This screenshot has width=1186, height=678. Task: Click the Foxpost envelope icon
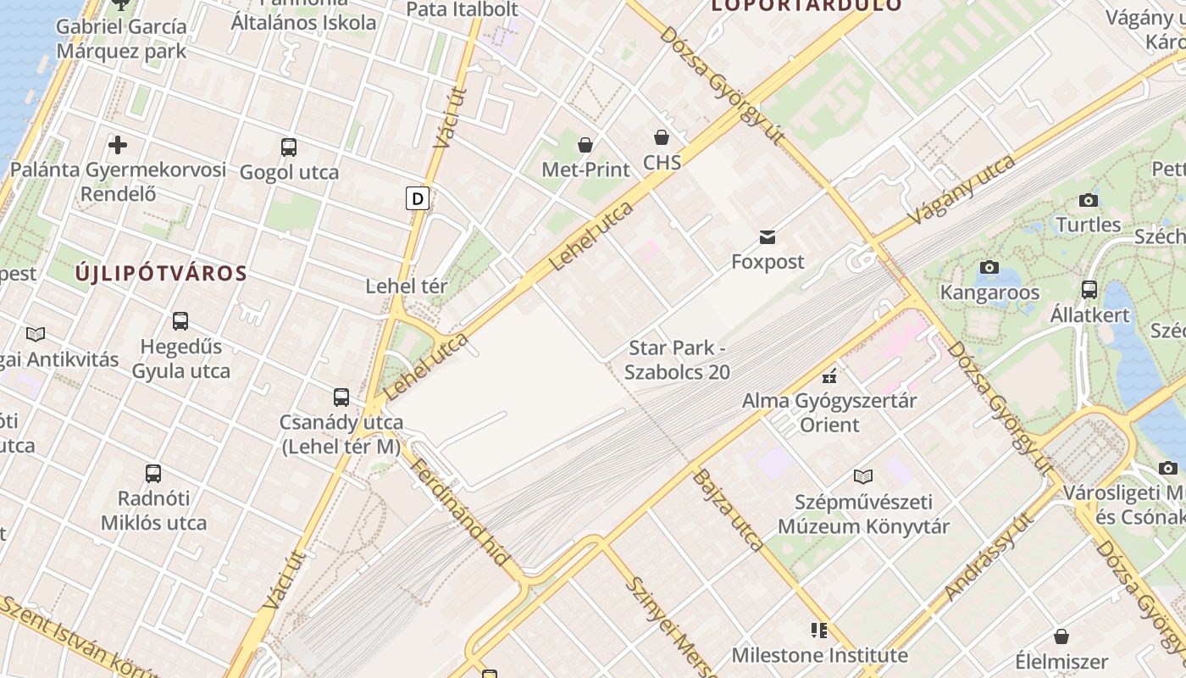tap(768, 237)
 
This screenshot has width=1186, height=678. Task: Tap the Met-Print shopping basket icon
tap(585, 145)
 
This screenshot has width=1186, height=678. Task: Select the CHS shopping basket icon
tap(662, 137)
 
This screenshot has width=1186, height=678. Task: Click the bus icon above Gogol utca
tap(289, 147)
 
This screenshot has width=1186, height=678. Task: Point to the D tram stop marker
tap(418, 198)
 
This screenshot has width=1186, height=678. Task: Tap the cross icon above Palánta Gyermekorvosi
tap(118, 145)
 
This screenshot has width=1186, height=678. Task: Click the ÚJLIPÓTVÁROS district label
tap(161, 274)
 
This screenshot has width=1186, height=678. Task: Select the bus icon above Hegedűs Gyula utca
tap(180, 321)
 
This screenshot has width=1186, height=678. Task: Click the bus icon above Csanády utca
tap(341, 397)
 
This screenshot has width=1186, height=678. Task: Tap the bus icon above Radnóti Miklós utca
tap(153, 473)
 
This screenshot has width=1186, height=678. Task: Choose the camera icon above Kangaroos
tap(989, 268)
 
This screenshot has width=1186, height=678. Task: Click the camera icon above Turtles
tap(1089, 200)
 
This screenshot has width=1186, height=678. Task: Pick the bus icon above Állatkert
tap(1089, 290)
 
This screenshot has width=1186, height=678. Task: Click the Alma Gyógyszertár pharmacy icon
tap(829, 376)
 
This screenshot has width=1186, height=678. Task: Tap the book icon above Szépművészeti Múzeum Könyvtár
tap(863, 476)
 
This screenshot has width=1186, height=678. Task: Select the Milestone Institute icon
tap(818, 630)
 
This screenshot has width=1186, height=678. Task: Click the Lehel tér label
tap(406, 286)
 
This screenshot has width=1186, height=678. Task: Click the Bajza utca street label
tap(728, 509)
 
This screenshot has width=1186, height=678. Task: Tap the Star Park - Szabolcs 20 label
tap(677, 359)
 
